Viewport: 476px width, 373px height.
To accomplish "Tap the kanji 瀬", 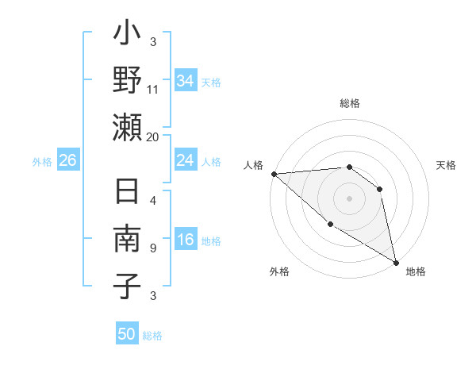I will click(x=128, y=127).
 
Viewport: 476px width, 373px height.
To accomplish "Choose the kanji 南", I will click(x=128, y=240).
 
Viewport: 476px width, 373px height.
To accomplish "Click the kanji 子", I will click(x=128, y=285).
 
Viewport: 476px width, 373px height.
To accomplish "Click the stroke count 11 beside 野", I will click(x=153, y=90).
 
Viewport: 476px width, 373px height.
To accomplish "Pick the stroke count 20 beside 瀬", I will click(x=153, y=137).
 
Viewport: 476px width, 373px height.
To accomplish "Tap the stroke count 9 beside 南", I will click(x=152, y=248).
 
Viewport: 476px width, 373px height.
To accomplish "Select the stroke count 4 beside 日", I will click(x=152, y=200).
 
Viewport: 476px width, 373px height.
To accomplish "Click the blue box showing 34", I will click(x=185, y=81).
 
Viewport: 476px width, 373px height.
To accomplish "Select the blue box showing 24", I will click(x=185, y=160).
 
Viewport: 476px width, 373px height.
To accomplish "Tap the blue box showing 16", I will click(x=185, y=240).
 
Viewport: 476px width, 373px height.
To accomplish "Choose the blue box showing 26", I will click(x=67, y=160).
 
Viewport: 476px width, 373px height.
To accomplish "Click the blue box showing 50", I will click(x=127, y=334).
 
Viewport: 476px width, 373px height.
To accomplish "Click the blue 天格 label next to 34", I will click(x=210, y=82).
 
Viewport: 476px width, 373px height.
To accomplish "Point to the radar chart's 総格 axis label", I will click(x=349, y=103).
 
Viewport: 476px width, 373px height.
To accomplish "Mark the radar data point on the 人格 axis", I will click(x=274, y=173).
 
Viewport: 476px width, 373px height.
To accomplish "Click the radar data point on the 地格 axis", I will click(x=396, y=262).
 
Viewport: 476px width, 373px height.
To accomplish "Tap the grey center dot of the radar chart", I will click(x=349, y=198).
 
